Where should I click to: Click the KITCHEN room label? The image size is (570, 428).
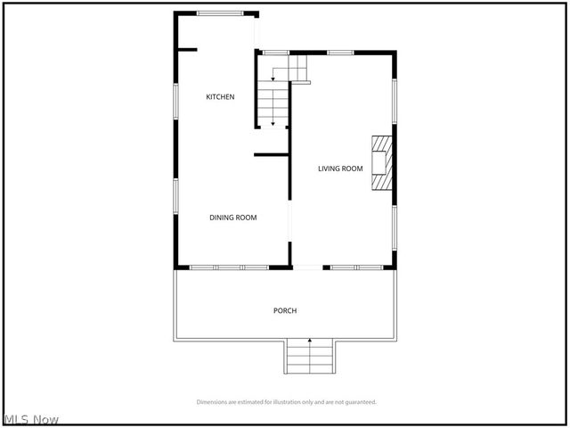[220, 96]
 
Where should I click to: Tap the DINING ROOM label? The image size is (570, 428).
[233, 218]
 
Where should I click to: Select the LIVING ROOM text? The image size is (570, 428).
[341, 168]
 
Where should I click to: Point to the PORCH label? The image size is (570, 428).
[285, 310]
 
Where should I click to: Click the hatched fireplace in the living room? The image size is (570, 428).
[381, 161]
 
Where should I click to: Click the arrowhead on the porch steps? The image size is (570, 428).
[310, 341]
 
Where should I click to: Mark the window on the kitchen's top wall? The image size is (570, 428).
[219, 12]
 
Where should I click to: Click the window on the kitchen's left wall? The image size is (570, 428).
[175, 99]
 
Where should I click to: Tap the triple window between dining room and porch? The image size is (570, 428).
[229, 267]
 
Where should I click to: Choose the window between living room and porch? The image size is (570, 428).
[356, 267]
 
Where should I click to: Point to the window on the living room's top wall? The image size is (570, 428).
[340, 53]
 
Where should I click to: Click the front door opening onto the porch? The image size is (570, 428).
[307, 267]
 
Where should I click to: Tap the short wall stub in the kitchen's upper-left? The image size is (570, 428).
[186, 49]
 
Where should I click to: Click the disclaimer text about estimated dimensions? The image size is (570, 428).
[286, 402]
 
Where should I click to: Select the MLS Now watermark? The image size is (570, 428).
[32, 419]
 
